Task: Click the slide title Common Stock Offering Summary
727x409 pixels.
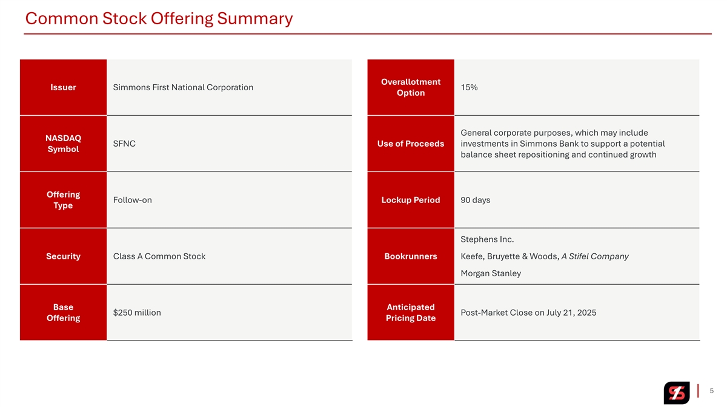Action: pos(159,19)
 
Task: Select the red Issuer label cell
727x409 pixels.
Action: pos(63,87)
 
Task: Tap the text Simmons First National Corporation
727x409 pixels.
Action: pos(183,87)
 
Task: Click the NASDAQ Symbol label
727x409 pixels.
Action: pos(63,144)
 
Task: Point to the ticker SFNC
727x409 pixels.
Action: pos(124,144)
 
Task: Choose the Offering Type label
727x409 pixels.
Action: pos(63,200)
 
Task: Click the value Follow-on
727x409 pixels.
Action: pos(132,200)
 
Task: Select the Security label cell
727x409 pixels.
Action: pos(63,256)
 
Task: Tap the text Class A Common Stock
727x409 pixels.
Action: pos(159,256)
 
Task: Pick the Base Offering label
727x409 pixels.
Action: pos(63,313)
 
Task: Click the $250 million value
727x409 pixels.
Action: pos(137,313)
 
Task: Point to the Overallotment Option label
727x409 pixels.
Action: pos(410,87)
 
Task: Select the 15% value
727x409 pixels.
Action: pos(469,87)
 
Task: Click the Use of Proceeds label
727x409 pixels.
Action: pos(410,144)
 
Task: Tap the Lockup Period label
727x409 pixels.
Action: pos(410,200)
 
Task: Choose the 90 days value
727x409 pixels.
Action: pos(475,200)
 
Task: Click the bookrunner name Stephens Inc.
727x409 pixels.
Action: pos(487,239)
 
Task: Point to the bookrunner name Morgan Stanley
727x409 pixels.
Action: pos(490,273)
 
